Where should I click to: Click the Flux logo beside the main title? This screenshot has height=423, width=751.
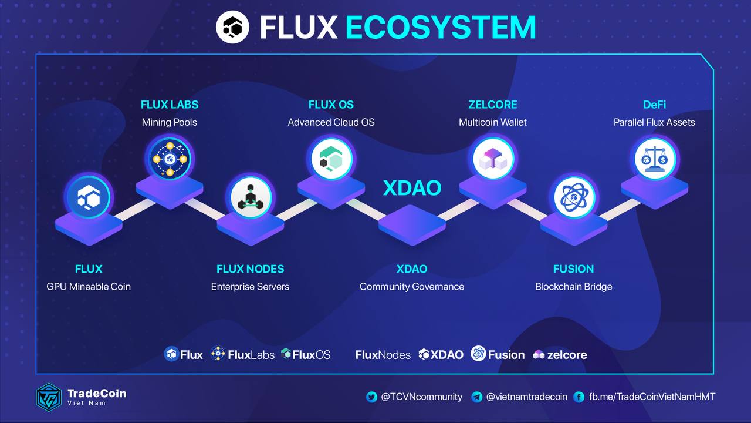[233, 26]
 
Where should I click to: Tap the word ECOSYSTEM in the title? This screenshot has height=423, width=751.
[440, 27]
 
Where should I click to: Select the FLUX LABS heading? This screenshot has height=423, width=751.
[170, 105]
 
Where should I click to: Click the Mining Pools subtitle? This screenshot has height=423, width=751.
[170, 122]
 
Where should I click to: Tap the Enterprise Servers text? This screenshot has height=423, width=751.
[250, 287]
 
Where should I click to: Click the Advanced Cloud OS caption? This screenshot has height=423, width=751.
[331, 122]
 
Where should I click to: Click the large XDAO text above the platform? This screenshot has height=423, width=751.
[412, 188]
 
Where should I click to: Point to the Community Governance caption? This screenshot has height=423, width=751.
[412, 287]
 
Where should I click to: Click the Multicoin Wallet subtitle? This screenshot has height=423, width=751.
[493, 122]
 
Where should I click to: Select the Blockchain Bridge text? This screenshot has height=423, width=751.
[573, 287]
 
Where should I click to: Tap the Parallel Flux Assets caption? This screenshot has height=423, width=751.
[654, 122]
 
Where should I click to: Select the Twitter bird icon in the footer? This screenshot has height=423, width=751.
[371, 397]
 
